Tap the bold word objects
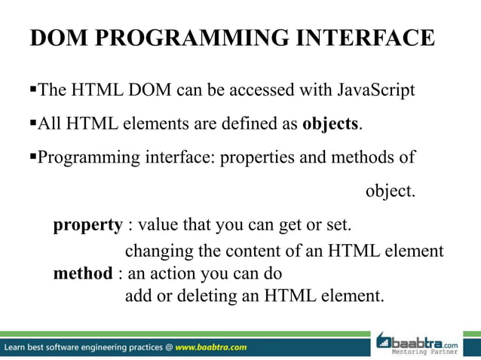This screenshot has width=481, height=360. [x=329, y=124]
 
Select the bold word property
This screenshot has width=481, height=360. [x=87, y=224]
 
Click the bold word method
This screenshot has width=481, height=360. [x=82, y=273]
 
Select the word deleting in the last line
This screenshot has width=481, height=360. [x=208, y=295]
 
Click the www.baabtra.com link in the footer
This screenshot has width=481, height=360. [x=211, y=347]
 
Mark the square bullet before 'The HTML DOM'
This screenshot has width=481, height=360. [x=32, y=91]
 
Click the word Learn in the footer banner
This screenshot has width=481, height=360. [x=17, y=347]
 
